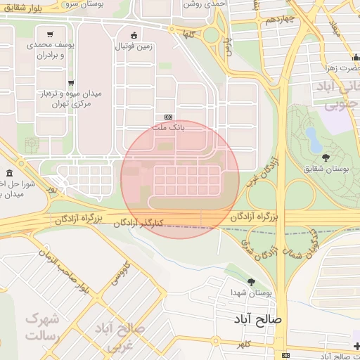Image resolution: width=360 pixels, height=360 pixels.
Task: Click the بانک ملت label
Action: (x=169, y=128)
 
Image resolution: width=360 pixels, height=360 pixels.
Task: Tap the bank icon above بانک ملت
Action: (x=169, y=117)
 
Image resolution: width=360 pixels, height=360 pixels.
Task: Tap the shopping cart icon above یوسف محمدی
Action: (x=50, y=34)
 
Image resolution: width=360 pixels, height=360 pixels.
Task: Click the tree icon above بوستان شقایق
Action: (x=325, y=157)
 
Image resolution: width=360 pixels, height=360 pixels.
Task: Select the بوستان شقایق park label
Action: (x=325, y=169)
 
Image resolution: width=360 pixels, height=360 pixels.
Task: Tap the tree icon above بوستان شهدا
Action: (x=251, y=282)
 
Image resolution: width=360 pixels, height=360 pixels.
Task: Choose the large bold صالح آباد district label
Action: (x=259, y=319)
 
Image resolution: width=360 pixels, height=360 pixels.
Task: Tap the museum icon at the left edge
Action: (x=9, y=174)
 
